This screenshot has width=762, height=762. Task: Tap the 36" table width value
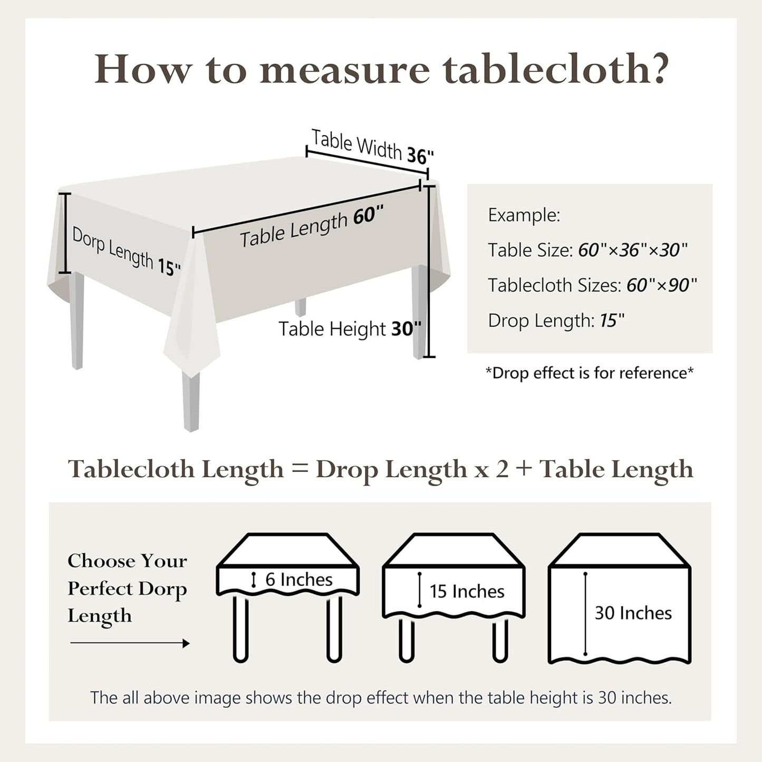coord(420,156)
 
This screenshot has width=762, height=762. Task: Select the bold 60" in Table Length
coord(368,216)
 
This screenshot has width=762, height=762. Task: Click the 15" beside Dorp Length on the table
coord(169,267)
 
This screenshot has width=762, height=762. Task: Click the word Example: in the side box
coord(524,216)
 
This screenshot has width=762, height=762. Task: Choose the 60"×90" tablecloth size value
coord(662,285)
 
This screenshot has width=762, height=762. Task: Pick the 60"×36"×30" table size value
coord(633,250)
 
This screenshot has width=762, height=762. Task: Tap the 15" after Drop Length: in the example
coord(612,320)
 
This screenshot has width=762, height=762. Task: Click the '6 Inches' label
coord(298,580)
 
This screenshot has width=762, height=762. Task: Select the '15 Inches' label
coord(467,592)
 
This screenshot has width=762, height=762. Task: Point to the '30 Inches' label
coord(633,613)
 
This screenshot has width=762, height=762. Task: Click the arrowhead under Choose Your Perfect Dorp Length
coord(186,643)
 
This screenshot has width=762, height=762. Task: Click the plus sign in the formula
coord(524,469)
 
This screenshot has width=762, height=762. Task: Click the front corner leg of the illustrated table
coord(191,401)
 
